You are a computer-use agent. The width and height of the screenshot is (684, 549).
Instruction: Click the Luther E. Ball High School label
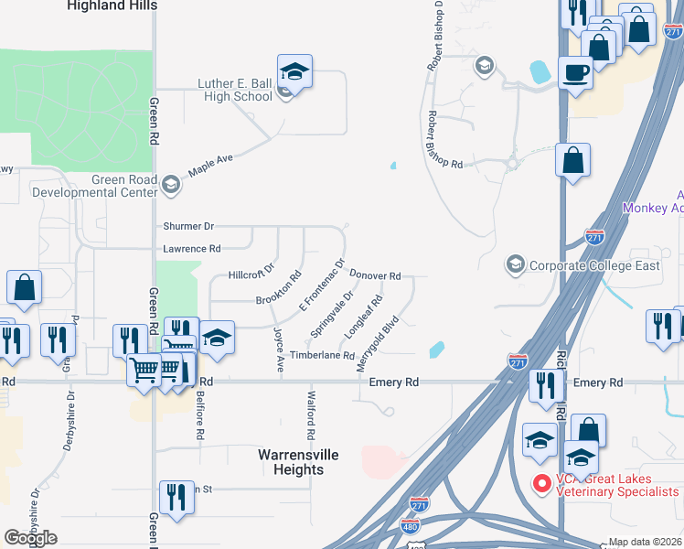[235, 90]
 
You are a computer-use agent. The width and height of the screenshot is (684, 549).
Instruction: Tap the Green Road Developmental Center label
[94, 186]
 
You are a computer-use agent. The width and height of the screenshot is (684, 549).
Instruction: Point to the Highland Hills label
[112, 5]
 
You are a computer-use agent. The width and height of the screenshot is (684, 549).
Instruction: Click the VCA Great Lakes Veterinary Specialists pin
[540, 481]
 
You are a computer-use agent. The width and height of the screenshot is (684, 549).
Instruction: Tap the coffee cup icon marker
[575, 72]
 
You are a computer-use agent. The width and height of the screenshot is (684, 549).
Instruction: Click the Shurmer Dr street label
[188, 226]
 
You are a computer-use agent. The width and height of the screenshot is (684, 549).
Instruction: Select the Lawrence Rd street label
[192, 248]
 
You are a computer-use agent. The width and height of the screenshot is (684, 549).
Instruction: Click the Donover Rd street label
[376, 275]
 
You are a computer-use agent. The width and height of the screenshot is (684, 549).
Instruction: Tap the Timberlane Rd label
[322, 355]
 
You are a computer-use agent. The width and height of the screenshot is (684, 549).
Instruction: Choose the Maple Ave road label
[211, 166]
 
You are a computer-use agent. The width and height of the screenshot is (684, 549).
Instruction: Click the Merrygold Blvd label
[378, 343]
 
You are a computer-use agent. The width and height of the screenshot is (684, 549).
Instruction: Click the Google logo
[30, 537]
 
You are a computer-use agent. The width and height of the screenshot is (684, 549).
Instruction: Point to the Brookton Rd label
[279, 288]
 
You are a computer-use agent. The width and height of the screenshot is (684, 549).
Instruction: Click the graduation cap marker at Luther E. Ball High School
[294, 70]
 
